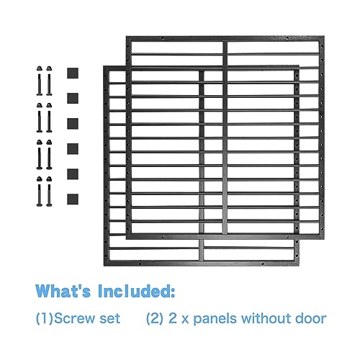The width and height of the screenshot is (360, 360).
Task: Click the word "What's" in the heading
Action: [x=63, y=291]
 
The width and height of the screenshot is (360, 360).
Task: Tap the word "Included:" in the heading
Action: [x=136, y=291]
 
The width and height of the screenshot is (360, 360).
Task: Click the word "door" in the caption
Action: [x=311, y=318]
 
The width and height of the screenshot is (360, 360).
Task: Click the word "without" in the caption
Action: [x=266, y=318]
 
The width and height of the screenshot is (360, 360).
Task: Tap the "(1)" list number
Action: [x=45, y=319]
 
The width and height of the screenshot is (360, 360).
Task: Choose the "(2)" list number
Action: [x=155, y=319]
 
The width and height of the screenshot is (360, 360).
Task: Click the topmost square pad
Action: [x=73, y=73]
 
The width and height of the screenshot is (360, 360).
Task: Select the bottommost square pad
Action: [x=73, y=199]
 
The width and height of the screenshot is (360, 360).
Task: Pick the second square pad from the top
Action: [x=73, y=99]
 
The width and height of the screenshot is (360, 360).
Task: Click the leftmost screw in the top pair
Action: [x=40, y=81]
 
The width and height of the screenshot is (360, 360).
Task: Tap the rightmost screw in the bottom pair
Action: [x=49, y=192]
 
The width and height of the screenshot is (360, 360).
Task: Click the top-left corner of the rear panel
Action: [x=126, y=36]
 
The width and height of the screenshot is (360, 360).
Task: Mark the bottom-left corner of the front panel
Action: [x=104, y=266]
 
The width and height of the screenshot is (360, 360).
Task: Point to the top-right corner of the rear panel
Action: [x=324, y=36]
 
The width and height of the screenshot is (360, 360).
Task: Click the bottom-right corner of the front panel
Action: [x=300, y=266]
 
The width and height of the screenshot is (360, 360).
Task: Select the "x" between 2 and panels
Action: [x=184, y=320]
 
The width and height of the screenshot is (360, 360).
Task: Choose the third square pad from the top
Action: [x=73, y=124]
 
